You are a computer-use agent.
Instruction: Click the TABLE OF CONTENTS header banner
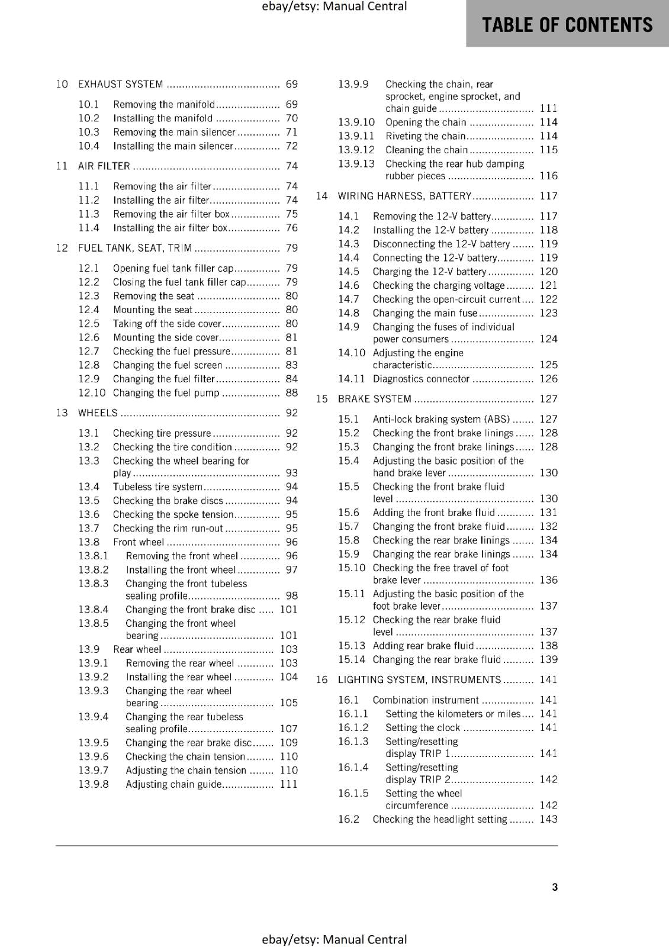pos(567,24)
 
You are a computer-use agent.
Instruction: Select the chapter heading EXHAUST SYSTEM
pos(121,85)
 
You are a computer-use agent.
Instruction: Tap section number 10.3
pos(89,132)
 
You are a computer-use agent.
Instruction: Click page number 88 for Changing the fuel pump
pos(291,393)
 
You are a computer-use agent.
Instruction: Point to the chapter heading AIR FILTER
pos(104,166)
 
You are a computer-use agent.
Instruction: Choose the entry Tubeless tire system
pos(157,487)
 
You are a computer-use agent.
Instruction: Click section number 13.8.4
pos(94,610)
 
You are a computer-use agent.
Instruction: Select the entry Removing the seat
pos(153,296)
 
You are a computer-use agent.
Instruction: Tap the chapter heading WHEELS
pos(98,413)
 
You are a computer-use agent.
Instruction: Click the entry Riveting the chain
pos(425,136)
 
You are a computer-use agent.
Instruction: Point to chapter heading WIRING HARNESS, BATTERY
pos(404,196)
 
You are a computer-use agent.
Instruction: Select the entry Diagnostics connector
pos(420,379)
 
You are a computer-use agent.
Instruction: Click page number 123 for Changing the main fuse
pos(548,313)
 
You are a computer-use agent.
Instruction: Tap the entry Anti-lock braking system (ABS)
pos(441,419)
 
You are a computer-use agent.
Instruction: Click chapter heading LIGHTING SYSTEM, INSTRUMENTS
pos(419,680)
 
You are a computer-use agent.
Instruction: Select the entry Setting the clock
pos(422,727)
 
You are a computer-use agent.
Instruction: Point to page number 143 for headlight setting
pos(548,819)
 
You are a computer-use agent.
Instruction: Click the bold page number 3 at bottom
pos(555,887)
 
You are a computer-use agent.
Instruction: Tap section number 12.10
pos(92,393)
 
